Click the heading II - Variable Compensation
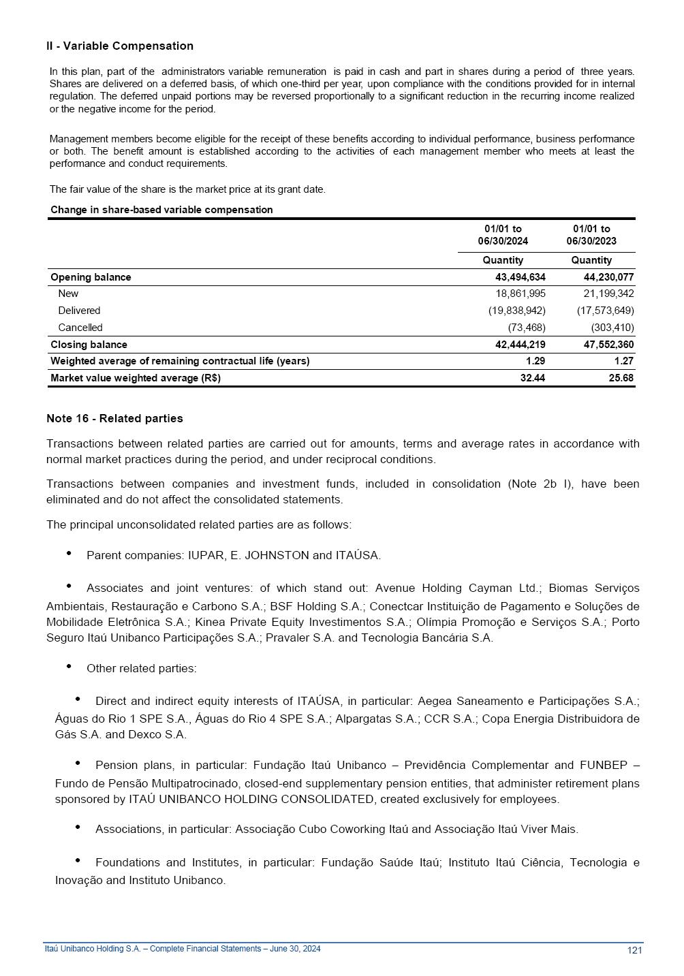pyautogui.click(x=120, y=46)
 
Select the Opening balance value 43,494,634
pyautogui.click(x=520, y=277)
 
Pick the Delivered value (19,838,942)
pyautogui.click(x=516, y=311)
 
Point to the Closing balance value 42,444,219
pyautogui.click(x=520, y=345)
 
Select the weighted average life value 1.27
pyautogui.click(x=623, y=361)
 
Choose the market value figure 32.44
pyautogui.click(x=532, y=378)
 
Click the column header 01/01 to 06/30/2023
pyautogui.click(x=591, y=235)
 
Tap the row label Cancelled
pyautogui.click(x=80, y=328)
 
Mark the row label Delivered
pyautogui.click(x=79, y=311)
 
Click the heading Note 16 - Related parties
pyautogui.click(x=114, y=418)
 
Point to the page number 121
pyautogui.click(x=634, y=951)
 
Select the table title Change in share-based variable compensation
pyautogui.click(x=161, y=210)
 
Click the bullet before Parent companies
pyautogui.click(x=69, y=554)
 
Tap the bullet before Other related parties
pyautogui.click(x=69, y=667)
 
